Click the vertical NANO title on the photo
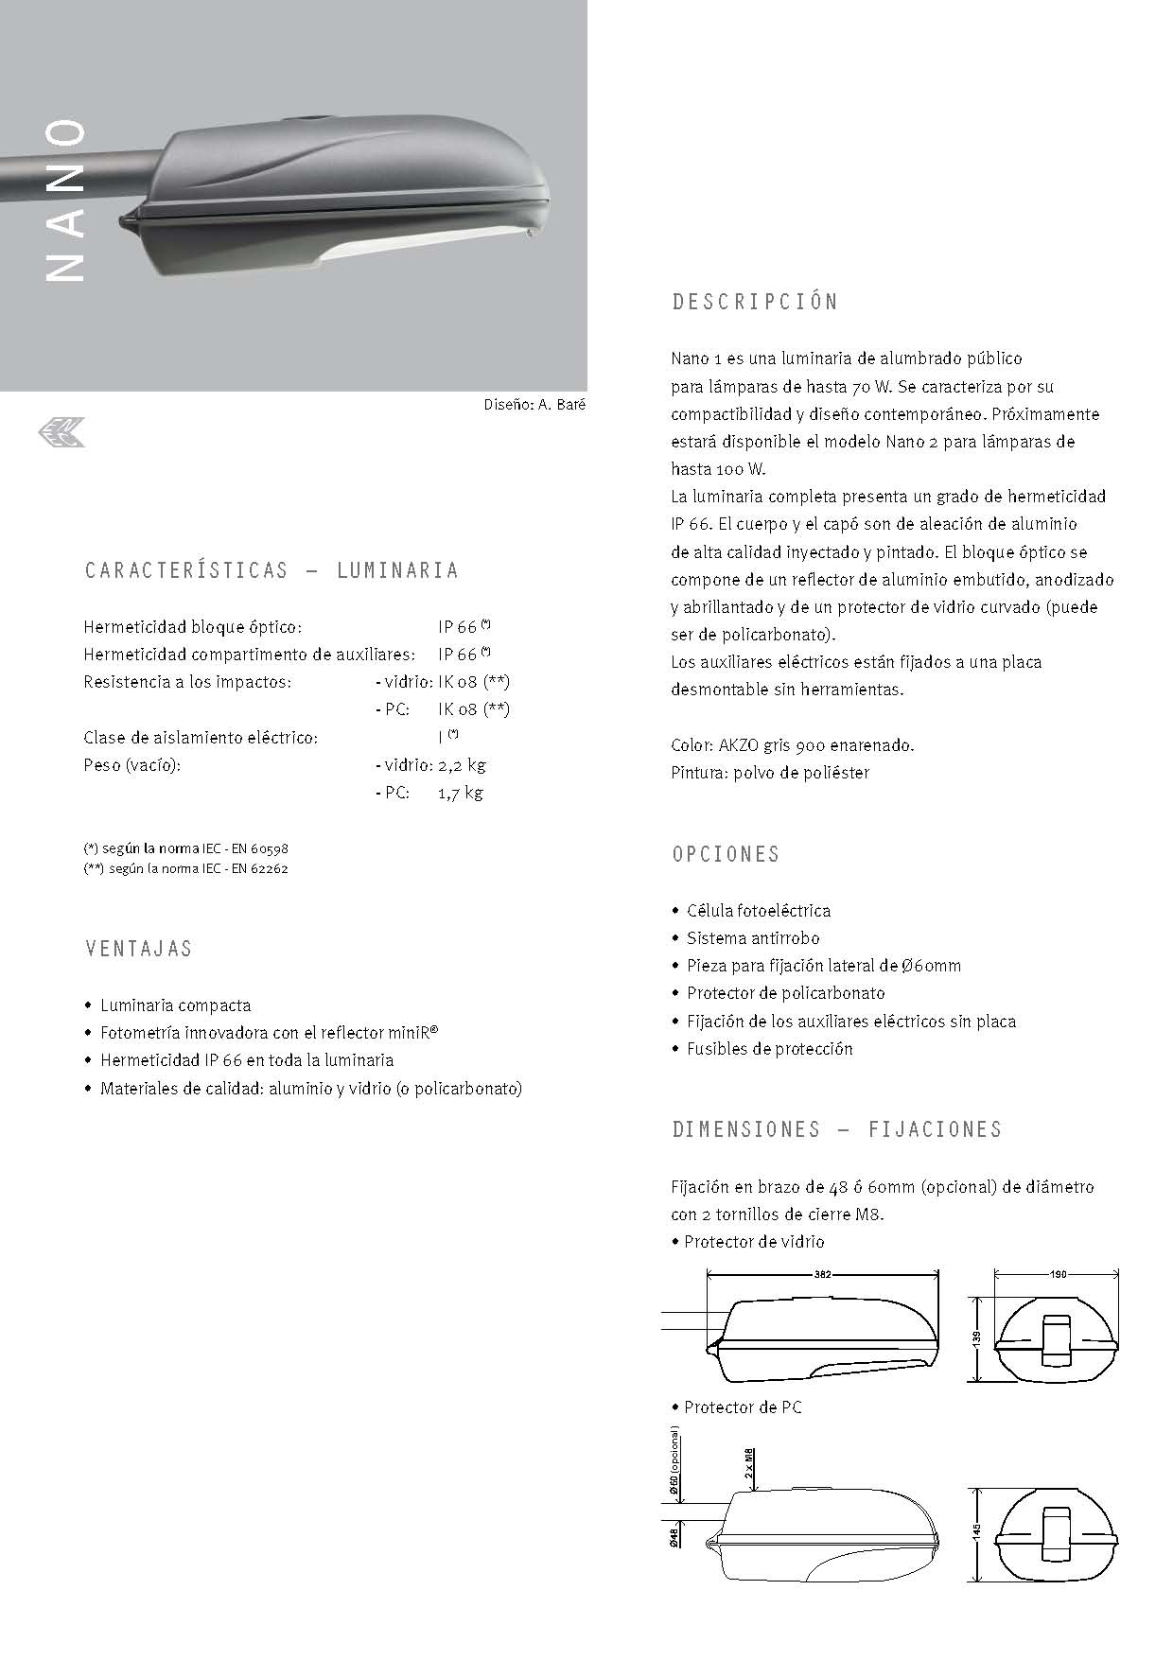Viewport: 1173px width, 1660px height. [x=65, y=201]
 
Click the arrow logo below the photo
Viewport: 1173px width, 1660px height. [x=61, y=433]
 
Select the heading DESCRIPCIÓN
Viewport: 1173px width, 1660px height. [x=755, y=303]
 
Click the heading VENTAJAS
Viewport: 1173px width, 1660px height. [x=138, y=949]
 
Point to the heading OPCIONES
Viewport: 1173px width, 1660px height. [x=726, y=854]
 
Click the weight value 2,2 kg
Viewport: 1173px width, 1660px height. [x=462, y=764]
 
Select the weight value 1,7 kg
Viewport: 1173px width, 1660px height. [x=460, y=793]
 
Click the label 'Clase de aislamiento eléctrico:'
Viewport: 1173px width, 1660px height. [x=201, y=737]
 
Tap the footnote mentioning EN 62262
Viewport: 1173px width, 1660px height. [x=186, y=868]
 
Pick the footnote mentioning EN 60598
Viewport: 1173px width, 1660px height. [x=186, y=849]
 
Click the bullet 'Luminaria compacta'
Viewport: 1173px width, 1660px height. [x=176, y=1005]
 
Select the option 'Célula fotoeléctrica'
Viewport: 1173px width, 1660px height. [x=759, y=911]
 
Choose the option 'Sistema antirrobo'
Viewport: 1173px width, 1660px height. [x=753, y=938]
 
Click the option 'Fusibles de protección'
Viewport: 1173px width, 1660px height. [x=769, y=1049]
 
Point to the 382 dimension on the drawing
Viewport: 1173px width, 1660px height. [x=823, y=1275]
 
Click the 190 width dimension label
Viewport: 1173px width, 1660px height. [x=1058, y=1275]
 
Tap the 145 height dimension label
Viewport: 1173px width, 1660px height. [x=976, y=1529]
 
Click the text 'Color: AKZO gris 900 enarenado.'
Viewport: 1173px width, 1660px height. [x=793, y=745]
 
